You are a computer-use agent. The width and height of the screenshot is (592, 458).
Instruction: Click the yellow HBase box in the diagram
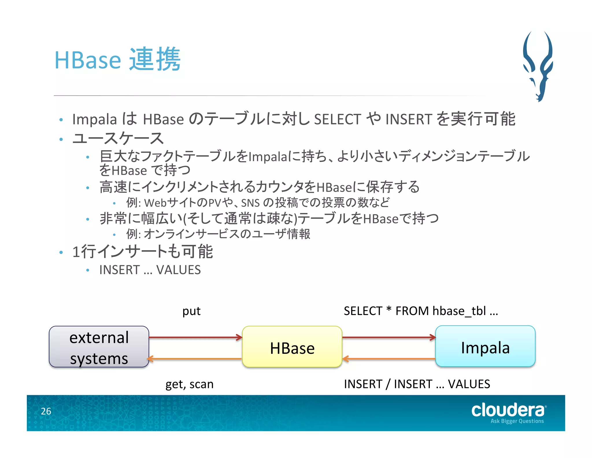pos(292,347)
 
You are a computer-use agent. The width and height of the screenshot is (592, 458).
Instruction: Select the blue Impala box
pos(485,346)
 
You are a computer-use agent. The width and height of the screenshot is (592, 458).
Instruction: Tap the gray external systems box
pos(99,347)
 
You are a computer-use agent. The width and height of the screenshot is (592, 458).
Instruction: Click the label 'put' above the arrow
pos(191,311)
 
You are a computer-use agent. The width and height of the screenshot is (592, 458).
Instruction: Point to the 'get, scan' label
pos(189,384)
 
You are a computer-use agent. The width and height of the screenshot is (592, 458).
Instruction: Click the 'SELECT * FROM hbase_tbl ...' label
pos(421,311)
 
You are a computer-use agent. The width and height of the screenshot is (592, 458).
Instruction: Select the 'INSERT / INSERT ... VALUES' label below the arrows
pos(417,384)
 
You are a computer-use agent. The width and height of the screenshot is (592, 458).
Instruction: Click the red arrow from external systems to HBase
pos(195,337)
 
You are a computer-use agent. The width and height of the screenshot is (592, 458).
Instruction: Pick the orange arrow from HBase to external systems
pos(195,359)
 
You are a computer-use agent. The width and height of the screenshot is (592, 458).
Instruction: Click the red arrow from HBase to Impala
pos(389,337)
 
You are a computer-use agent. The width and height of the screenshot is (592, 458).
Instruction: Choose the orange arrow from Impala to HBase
pos(389,359)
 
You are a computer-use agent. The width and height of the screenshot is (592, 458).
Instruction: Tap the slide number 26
pos(46,411)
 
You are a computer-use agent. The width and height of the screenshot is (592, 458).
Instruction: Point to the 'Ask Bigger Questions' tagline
pos(517,421)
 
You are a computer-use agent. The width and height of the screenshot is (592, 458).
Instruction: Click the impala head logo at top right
pos(538,67)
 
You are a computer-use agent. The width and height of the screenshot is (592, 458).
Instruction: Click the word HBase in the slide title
pos(88,60)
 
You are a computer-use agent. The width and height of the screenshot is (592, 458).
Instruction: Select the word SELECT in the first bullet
pos(337,119)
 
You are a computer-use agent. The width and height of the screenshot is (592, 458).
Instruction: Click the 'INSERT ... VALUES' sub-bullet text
pos(150,270)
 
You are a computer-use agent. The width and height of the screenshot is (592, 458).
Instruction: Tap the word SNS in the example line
pos(250,203)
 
